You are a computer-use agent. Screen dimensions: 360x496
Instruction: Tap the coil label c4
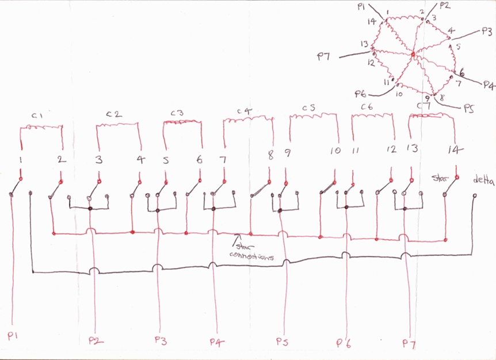(x=244, y=110)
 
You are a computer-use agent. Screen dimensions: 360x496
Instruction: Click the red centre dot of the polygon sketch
(x=413, y=55)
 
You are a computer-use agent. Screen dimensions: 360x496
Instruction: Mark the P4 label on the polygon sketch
(x=489, y=85)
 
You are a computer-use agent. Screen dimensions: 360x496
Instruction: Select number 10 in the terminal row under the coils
(x=335, y=151)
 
